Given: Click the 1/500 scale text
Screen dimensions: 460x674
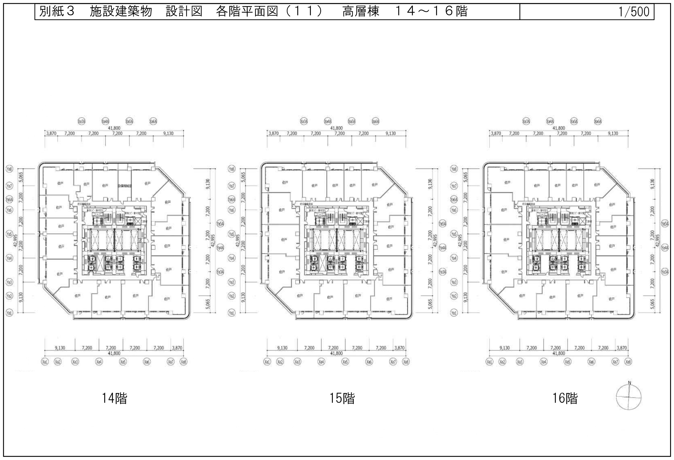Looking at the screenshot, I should click(634, 12).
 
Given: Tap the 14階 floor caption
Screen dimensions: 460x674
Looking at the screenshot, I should click(114, 398).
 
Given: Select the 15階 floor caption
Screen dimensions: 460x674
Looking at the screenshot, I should click(342, 398).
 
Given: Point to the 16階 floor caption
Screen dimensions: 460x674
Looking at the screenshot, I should click(565, 398).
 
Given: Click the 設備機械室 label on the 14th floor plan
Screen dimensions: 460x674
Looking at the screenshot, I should click(124, 185).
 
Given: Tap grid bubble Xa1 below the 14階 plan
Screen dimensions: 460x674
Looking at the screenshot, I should click(45, 362).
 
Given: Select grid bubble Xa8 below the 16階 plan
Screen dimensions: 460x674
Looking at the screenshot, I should click(628, 362).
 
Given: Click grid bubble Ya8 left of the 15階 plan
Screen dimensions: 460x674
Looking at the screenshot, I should click(232, 169).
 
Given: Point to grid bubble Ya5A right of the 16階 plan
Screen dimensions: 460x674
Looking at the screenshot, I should click(665, 223).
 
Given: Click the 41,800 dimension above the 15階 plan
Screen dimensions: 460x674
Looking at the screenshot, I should click(336, 128).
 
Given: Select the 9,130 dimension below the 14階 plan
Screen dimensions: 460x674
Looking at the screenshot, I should click(60, 348).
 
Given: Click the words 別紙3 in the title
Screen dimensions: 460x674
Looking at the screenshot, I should click(57, 12).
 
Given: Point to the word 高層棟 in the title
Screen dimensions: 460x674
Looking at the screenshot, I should click(361, 12).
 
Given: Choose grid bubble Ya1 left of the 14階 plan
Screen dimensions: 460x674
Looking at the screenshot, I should click(10, 313).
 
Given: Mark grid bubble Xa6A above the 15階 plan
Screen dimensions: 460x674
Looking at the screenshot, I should click(375, 121).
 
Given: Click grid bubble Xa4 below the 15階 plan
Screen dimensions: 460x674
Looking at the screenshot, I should click(321, 362).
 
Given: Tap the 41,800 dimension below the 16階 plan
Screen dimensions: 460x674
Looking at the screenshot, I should click(559, 353).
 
